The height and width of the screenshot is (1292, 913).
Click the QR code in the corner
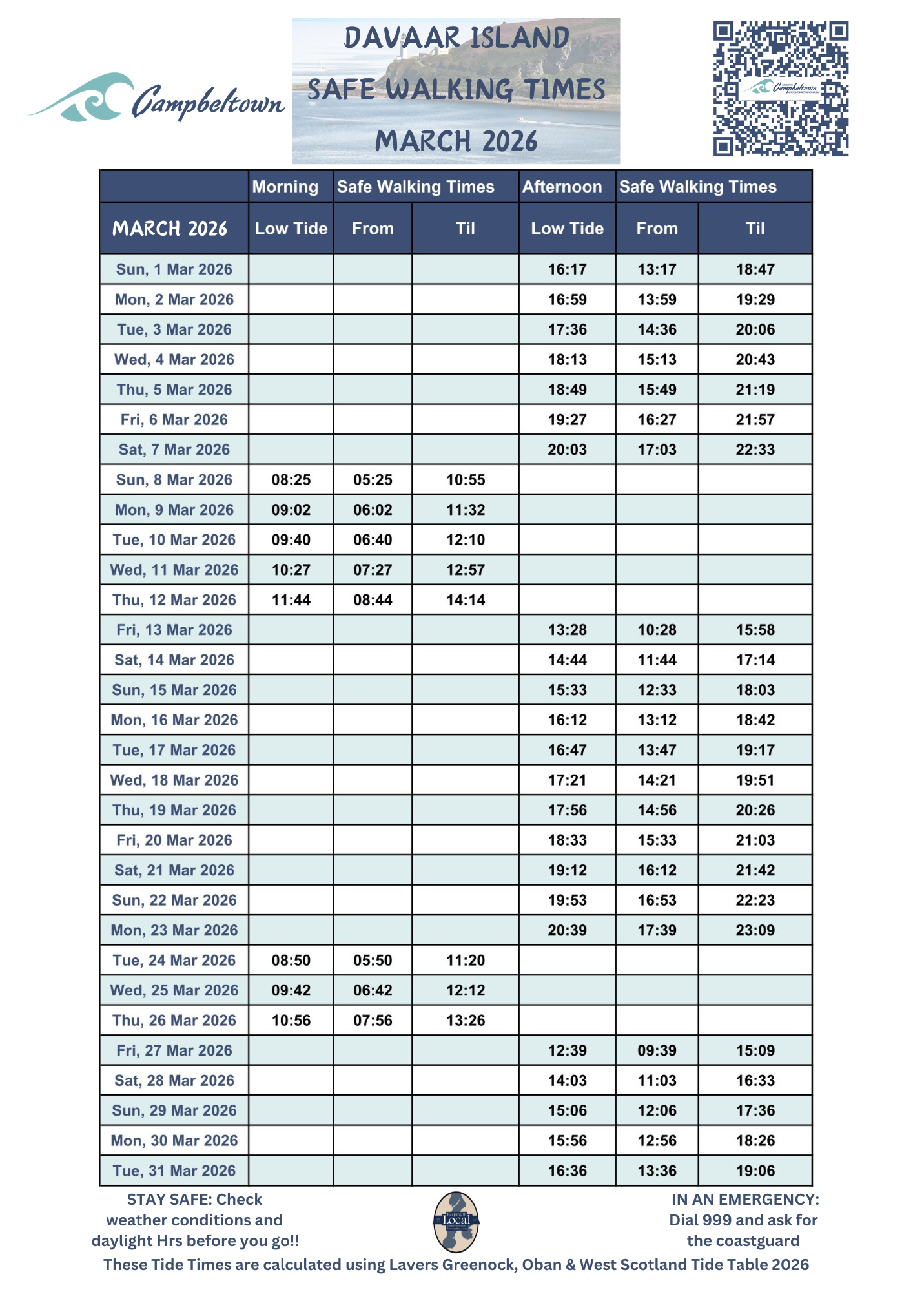pos(780,89)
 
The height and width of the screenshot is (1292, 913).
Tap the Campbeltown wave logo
pos(155,98)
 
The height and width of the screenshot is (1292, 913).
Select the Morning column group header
pos(285,187)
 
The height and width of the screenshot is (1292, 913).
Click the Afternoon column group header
pos(562,187)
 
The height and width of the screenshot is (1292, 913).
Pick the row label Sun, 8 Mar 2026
pos(174,479)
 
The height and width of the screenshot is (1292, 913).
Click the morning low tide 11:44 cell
pos(291,599)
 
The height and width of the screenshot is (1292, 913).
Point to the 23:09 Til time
pos(755,930)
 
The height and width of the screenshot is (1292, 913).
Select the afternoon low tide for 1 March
pos(567,269)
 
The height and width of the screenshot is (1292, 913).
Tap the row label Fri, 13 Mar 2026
pos(174,630)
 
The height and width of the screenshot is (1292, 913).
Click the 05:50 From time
pos(373,960)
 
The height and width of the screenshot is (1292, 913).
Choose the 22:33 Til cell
pos(755,450)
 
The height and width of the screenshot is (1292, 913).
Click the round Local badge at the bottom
pos(456,1221)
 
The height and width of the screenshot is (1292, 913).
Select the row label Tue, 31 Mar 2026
pos(174,1171)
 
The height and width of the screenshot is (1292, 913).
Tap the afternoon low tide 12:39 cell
pos(567,1050)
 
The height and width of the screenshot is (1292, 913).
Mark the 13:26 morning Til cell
pos(465,1020)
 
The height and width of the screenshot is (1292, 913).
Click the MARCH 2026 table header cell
pos(170,228)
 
